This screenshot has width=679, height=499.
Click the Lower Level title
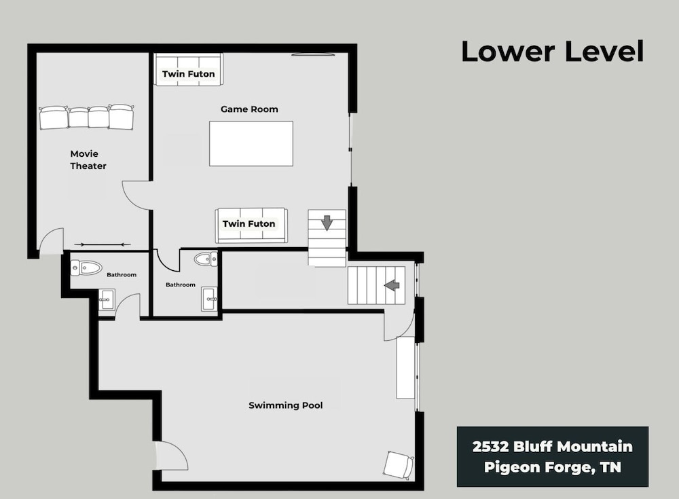tap(553, 51)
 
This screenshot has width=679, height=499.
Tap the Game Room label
tap(249, 109)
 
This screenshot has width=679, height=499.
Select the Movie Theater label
tap(88, 160)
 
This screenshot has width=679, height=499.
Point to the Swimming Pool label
tap(286, 405)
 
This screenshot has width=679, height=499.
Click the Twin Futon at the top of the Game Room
tap(188, 70)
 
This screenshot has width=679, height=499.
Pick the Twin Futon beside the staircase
tap(251, 225)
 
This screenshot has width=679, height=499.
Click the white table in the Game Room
tap(251, 143)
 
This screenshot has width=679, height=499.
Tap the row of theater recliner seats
tap(87, 117)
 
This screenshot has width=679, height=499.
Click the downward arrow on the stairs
tap(327, 223)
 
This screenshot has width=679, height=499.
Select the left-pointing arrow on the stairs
tap(392, 285)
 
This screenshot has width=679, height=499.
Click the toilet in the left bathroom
tap(86, 268)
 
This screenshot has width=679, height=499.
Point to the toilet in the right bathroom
tap(206, 259)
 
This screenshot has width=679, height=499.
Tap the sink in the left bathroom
tap(107, 300)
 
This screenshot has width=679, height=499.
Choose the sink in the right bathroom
tap(210, 299)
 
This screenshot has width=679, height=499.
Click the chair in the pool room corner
tap(399, 465)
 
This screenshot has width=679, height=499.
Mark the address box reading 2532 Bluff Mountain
tap(553, 456)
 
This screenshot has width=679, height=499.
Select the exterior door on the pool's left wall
tap(170, 456)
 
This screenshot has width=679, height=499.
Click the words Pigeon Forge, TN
tap(553, 467)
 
